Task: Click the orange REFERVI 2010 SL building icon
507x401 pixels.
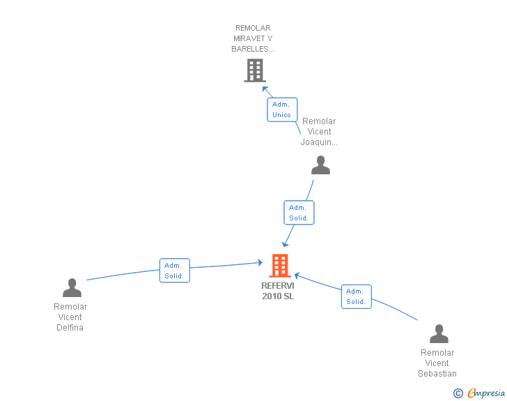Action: [x=280, y=266]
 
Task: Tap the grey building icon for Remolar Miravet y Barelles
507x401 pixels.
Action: [x=255, y=70]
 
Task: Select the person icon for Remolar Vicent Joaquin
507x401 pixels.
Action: [x=320, y=165]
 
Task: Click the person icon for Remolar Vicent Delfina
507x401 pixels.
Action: [x=72, y=287]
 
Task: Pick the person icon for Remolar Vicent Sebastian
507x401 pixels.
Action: [x=439, y=333]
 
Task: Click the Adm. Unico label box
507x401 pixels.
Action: [x=282, y=109]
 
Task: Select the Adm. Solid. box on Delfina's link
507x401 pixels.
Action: [x=175, y=271]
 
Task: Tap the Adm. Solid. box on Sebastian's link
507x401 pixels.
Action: [x=357, y=296]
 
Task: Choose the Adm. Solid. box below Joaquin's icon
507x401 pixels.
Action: [x=299, y=213]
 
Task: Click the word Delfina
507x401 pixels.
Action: [x=70, y=328]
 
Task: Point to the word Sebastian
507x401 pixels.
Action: [x=437, y=374]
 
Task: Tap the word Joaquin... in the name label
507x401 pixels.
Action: [x=319, y=142]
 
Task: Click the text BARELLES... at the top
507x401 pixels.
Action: [x=253, y=49]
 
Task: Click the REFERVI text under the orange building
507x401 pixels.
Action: [x=278, y=286]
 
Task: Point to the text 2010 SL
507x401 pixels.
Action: [x=278, y=296]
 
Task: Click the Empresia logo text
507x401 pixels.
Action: [x=486, y=393]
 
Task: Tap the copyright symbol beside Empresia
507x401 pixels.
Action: [x=458, y=393]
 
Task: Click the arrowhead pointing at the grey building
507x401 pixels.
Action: [x=265, y=89]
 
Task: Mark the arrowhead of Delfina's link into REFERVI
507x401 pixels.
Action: [x=260, y=262]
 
